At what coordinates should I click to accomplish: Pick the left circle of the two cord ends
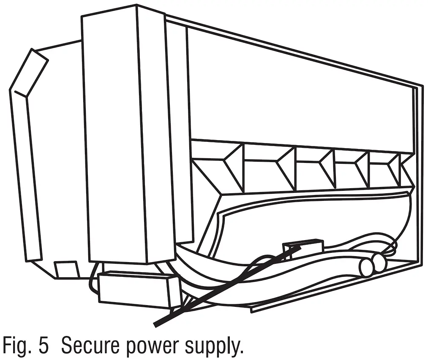coord(365,266)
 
